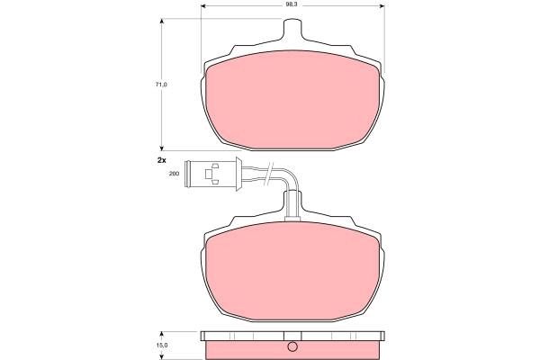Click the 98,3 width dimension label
[x=292, y=5]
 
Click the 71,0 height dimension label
[x=161, y=84]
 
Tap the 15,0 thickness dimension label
[x=161, y=346]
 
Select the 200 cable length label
[x=175, y=174]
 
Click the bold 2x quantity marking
[x=161, y=160]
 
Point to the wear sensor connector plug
[x=211, y=174]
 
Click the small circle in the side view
[x=292, y=346]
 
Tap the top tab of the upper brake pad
[x=292, y=30]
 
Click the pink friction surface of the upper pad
[x=292, y=100]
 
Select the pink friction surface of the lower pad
[x=292, y=271]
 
